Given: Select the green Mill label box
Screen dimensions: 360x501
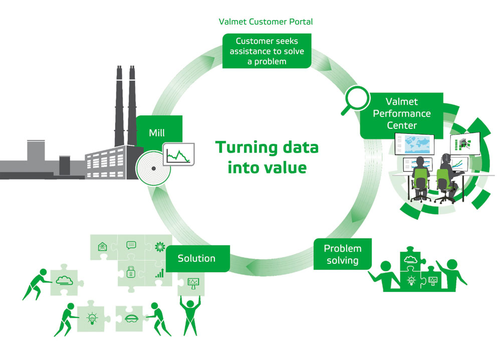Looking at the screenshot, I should click(x=157, y=133).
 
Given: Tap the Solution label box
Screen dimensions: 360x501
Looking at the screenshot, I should click(x=197, y=259).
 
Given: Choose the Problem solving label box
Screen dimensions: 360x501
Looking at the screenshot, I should click(x=343, y=254).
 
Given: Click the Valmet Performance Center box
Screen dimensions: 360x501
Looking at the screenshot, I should click(x=402, y=114).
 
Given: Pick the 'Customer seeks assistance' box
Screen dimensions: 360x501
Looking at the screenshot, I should click(x=267, y=51).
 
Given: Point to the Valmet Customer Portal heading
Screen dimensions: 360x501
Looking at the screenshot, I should click(x=266, y=22).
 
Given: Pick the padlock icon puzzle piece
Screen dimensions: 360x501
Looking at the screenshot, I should click(x=130, y=272).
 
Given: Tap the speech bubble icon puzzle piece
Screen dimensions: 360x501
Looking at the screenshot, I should click(x=131, y=245).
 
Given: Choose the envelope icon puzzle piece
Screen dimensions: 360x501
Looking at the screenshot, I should click(x=102, y=246).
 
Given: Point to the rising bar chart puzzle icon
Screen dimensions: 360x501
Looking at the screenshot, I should click(x=160, y=273).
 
